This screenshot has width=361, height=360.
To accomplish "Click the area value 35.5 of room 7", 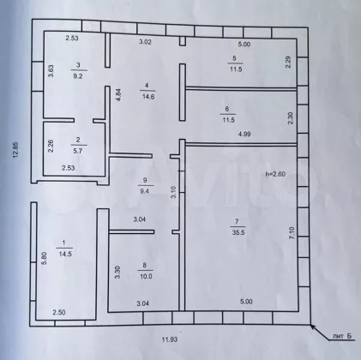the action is click(238, 232).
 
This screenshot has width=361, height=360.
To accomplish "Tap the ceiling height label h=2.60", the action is click(275, 174).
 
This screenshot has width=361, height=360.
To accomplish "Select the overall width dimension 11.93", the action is click(170, 339).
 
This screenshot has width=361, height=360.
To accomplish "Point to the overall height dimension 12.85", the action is click(15, 149).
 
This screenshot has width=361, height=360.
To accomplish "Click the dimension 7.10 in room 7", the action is click(292, 232).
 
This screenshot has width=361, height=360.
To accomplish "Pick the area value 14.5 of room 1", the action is click(65, 254).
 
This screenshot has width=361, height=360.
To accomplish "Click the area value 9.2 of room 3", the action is click(78, 76).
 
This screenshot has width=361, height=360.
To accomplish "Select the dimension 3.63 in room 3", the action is click(51, 71).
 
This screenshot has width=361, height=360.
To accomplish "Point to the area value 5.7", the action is click(78, 151).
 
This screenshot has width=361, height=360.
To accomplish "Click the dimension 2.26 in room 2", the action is click(51, 146).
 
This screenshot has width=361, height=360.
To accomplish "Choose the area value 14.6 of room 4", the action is click(148, 97).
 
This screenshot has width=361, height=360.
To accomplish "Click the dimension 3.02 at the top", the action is click(145, 42).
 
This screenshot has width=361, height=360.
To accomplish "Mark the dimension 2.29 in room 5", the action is click(288, 62).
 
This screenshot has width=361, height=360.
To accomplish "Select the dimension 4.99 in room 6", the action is click(244, 134).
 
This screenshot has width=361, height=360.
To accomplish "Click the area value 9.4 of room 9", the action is click(145, 191).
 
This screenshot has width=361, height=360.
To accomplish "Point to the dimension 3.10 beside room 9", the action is click(174, 192).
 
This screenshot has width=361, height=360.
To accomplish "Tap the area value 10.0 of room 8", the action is click(146, 276).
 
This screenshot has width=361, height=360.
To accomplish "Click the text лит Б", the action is click(341, 337).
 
